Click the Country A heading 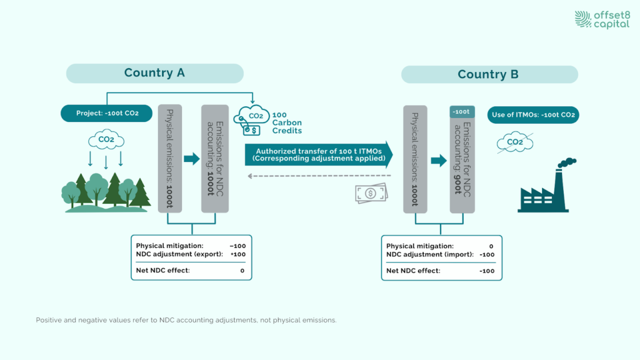click(x=154, y=73)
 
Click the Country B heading click(x=488, y=74)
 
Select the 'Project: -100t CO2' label click(x=106, y=114)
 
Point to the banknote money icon click(x=370, y=192)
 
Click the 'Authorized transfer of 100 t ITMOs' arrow click(x=319, y=155)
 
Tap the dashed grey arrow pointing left click(x=319, y=176)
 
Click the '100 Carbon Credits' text click(x=286, y=122)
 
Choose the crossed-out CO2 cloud click(x=514, y=142)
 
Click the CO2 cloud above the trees click(x=105, y=139)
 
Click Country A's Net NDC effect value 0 click(x=242, y=271)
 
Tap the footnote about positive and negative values click(x=186, y=320)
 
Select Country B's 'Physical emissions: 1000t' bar click(x=415, y=159)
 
